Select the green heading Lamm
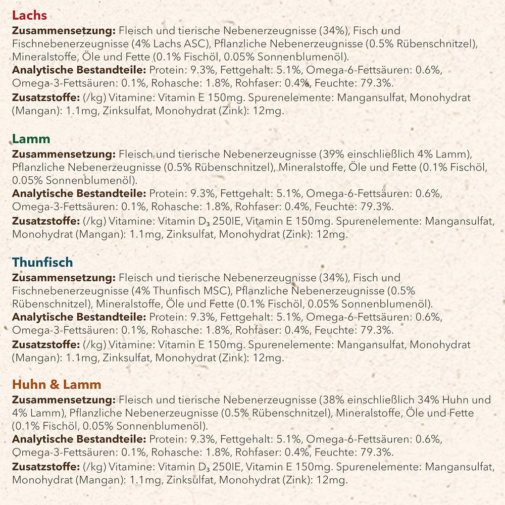31,139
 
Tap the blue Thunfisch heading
42,263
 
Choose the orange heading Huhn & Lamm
57,385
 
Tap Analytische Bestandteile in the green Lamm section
79,193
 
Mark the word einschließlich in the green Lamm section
381,154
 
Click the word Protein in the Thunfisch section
166,317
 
